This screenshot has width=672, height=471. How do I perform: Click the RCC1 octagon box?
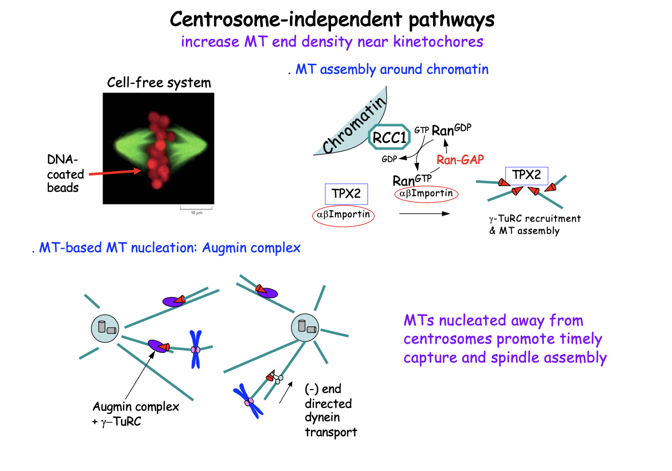[390, 137]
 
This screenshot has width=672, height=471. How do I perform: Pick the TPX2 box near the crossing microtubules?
[526, 176]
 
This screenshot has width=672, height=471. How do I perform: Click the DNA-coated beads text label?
[66, 173]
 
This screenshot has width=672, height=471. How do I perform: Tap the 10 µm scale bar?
[196, 210]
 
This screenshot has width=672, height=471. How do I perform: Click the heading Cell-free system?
[159, 83]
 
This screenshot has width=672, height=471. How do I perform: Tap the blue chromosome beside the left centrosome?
[195, 349]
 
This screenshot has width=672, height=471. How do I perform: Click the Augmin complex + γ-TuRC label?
[136, 413]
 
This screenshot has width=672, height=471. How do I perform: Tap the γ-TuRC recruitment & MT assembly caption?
[534, 224]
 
